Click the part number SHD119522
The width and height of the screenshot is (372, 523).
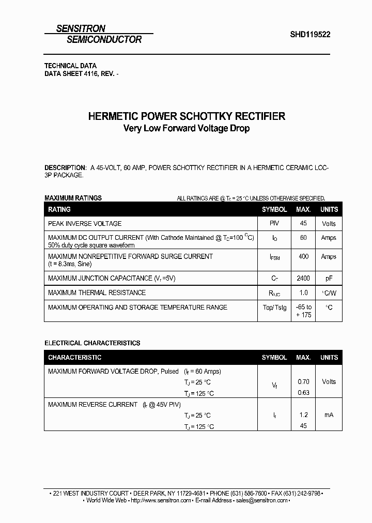[310, 35]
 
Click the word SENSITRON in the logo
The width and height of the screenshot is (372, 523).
[81, 29]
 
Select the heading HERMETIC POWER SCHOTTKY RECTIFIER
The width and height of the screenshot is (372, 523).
[187, 116]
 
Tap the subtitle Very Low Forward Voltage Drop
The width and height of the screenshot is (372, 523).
[187, 128]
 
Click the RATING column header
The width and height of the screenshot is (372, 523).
[59, 209]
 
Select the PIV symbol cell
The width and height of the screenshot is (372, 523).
[274, 223]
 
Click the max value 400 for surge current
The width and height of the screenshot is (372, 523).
[303, 256]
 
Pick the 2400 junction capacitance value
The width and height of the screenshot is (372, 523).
[303, 278]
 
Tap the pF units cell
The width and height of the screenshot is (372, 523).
[329, 278]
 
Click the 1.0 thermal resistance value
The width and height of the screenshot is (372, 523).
[303, 293]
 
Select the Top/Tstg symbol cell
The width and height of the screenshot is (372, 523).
[274, 307]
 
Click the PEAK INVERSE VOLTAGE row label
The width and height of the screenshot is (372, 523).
[85, 223]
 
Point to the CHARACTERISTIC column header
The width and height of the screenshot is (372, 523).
[74, 357]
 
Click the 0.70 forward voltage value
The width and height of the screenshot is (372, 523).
[303, 381]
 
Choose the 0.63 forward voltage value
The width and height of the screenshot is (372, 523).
[303, 393]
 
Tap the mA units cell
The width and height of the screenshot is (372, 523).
[329, 414]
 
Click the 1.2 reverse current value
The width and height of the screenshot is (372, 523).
[303, 414]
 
